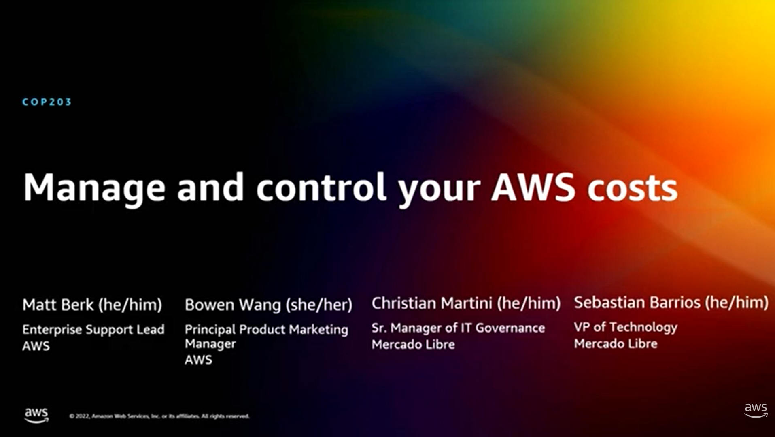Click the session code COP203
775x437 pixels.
pos(47,102)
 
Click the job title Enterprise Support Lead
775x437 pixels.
pos(93,329)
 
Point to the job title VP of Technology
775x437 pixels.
pos(626,327)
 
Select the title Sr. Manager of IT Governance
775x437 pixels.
pos(458,328)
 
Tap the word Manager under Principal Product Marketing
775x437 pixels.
pos(210,344)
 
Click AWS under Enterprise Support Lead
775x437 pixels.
pos(36,346)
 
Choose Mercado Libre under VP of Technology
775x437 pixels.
pos(616,344)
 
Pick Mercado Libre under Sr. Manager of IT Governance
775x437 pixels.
pos(413,345)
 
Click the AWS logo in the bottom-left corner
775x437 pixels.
pos(36,415)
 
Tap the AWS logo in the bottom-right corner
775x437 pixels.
pos(756,411)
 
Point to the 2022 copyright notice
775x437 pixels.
pos(159,416)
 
